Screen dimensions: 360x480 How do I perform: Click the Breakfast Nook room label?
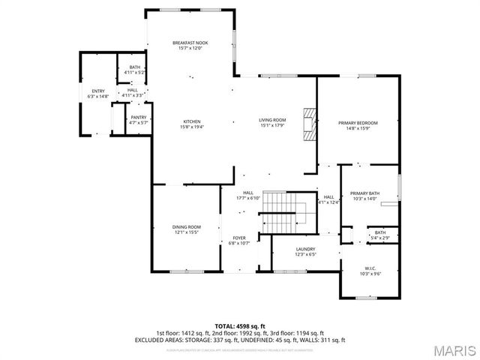tap(190, 43)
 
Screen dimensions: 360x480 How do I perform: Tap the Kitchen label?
tap(193, 121)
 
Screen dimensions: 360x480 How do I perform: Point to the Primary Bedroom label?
tap(358, 123)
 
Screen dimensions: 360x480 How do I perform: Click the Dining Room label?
tap(187, 226)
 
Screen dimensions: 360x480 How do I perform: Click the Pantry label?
tap(139, 117)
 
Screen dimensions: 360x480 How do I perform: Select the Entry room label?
tap(98, 91)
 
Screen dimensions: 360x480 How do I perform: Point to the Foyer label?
tap(238, 238)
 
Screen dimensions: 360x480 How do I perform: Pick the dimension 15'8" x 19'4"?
tap(193, 127)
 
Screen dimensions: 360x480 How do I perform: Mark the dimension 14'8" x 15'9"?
tap(358, 128)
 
